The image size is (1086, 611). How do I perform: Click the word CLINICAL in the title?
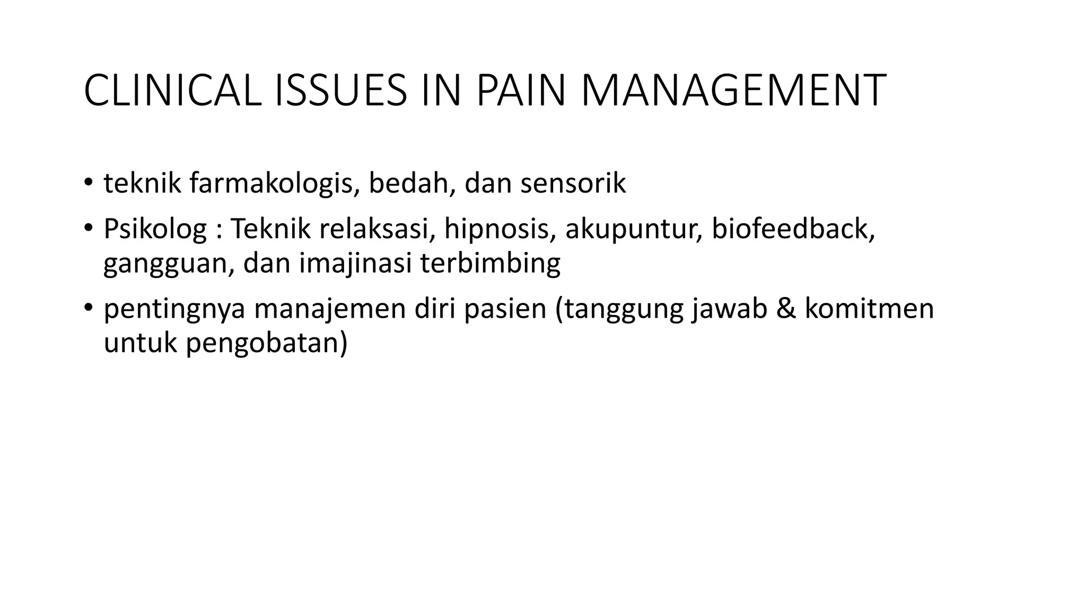172,91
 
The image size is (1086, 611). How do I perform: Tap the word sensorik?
573,184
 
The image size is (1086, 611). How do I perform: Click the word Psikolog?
155,229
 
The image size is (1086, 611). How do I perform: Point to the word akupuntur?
633,229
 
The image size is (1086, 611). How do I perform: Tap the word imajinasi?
355,264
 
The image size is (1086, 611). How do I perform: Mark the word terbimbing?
490,264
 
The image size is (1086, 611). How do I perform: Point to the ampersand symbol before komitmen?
786,309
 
